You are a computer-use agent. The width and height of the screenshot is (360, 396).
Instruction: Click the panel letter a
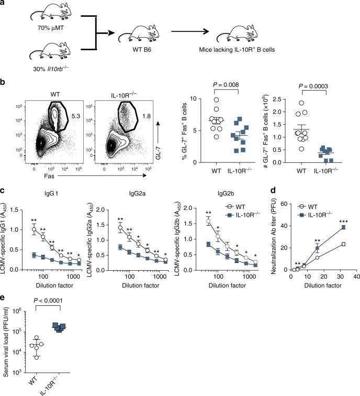[x=4, y=4]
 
